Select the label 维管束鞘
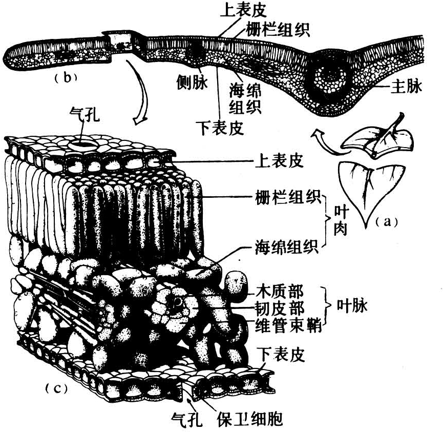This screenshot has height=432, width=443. (x=283, y=325)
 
